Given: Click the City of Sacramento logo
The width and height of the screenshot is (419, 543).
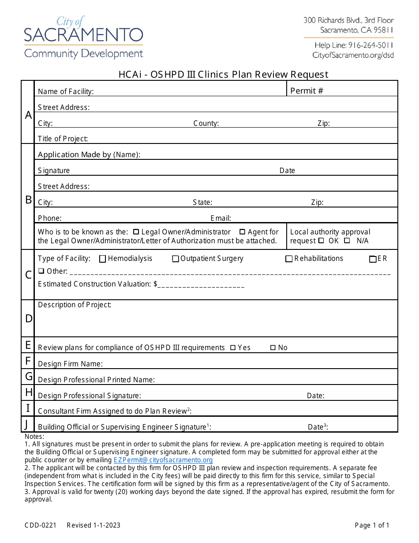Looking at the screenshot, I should click(83, 38).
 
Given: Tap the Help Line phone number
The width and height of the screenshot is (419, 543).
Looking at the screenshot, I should click(354, 45).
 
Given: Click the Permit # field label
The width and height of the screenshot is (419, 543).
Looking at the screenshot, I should click(307, 91).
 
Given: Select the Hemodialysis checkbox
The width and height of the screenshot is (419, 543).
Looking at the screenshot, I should click(103, 259).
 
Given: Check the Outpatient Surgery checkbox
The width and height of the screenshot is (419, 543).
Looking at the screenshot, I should click(176, 259).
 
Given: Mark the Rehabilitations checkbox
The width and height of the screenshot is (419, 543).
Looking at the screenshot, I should click(289, 259).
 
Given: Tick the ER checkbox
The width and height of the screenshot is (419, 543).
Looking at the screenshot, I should click(373, 259).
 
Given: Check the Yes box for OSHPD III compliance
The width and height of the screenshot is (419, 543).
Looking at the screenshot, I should click(233, 348).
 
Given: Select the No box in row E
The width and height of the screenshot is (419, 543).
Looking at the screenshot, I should click(273, 348).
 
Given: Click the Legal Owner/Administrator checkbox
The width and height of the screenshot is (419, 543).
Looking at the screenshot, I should click(136, 232).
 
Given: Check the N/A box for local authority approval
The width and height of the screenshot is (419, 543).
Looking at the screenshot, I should click(347, 241).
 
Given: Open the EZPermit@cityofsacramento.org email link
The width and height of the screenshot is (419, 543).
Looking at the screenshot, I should click(163, 460).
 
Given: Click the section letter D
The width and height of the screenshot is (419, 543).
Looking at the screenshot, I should click(28, 318).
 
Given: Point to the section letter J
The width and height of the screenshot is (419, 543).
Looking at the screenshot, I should click(27, 425).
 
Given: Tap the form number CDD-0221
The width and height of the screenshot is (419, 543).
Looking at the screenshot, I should click(41, 525).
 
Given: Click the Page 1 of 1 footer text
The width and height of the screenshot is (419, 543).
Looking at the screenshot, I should click(372, 525).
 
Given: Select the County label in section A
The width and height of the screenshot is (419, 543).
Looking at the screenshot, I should click(206, 124).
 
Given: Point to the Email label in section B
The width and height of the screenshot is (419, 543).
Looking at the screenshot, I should click(221, 218).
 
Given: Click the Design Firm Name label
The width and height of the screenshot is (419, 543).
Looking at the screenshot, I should click(70, 364).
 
